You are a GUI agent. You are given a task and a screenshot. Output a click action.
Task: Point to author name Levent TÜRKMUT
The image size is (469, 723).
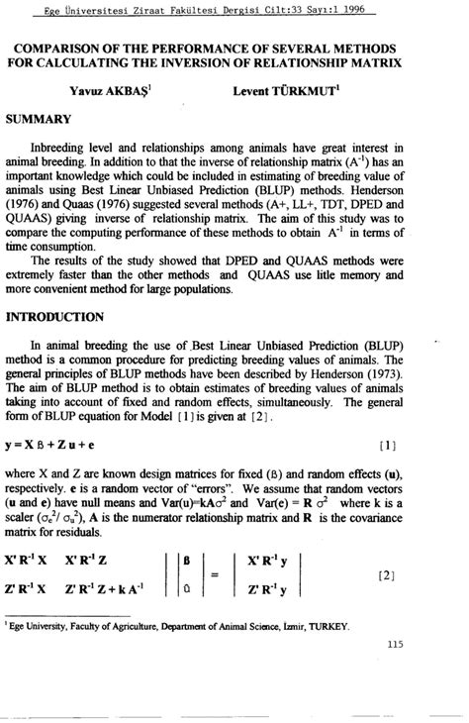coord(299,90)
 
